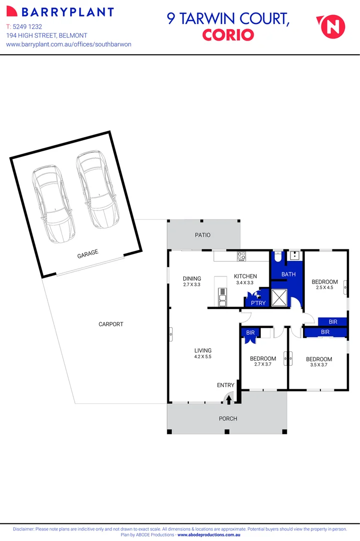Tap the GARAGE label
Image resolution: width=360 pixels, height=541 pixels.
pyautogui.click(x=88, y=254)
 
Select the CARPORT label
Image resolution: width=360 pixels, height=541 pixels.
pyautogui.click(x=111, y=324)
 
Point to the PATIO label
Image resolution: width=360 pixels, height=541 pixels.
pyautogui.click(x=203, y=235)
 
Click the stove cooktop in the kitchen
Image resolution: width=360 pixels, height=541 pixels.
pyautogui.click(x=241, y=256)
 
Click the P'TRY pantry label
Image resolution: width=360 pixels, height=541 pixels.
pyautogui.click(x=258, y=303)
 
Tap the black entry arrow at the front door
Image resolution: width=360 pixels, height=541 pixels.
pyautogui.click(x=229, y=399)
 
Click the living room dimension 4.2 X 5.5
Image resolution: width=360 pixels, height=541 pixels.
pyautogui.click(x=203, y=357)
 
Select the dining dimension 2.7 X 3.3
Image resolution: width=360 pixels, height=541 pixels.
pyautogui.click(x=191, y=285)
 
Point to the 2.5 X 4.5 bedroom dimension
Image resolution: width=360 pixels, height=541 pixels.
pyautogui.click(x=324, y=288)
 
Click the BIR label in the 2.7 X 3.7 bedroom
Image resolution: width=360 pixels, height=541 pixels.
pyautogui.click(x=249, y=332)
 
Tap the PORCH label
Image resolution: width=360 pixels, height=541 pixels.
pyautogui.click(x=228, y=418)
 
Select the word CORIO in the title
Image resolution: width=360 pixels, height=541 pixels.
pyautogui.click(x=228, y=35)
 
